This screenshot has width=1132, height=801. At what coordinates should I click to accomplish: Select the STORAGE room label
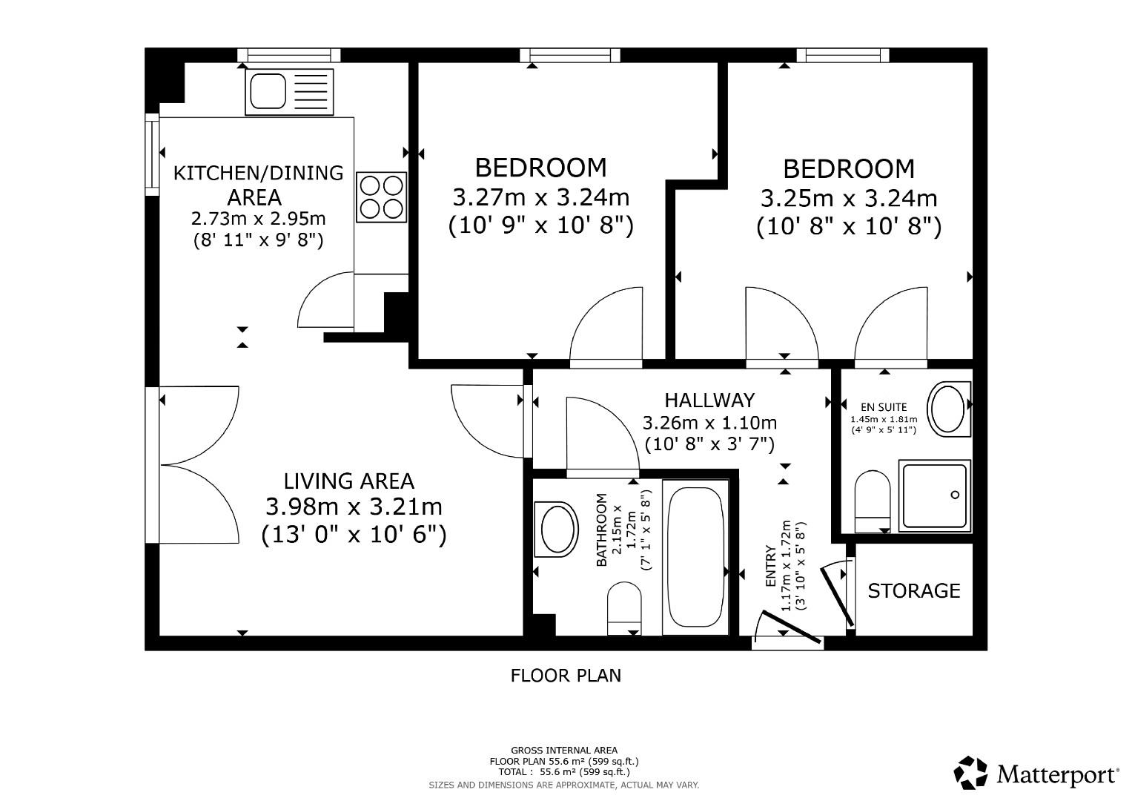(913, 590)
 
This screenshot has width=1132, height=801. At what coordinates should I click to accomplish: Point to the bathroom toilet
(624, 608)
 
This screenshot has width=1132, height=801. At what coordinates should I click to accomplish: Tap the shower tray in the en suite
(934, 495)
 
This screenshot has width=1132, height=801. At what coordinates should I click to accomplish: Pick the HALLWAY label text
(709, 400)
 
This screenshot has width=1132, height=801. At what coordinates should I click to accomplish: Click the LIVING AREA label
(349, 481)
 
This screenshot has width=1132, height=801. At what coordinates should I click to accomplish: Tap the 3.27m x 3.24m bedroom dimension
(540, 198)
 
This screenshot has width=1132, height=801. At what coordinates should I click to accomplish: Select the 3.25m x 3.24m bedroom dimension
(849, 199)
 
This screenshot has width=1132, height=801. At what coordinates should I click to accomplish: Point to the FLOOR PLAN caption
(566, 676)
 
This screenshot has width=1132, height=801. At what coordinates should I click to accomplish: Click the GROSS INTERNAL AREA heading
(563, 751)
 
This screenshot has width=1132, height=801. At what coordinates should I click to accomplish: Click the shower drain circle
(955, 495)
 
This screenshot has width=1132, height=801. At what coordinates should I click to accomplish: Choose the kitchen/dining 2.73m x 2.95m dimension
(258, 220)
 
